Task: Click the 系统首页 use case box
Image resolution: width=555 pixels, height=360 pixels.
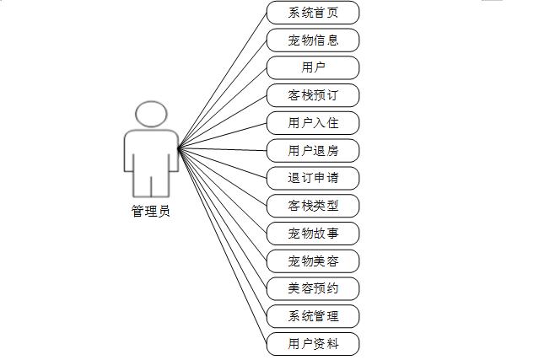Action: [313, 13]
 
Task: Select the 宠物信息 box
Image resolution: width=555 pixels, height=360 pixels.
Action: [313, 40]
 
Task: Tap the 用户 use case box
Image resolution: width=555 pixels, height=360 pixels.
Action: [313, 68]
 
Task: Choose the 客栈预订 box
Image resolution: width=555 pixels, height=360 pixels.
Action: [313, 95]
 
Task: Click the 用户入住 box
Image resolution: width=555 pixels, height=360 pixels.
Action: [313, 123]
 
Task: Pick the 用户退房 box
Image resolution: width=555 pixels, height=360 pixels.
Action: [313, 151]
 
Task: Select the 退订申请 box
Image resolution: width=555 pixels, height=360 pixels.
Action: [313, 179]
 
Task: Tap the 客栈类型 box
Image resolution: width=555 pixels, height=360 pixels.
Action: [313, 206]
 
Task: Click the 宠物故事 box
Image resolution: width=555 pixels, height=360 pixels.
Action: [313, 234]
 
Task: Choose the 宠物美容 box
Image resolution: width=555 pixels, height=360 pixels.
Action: [313, 261]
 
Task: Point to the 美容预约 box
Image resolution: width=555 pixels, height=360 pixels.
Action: [313, 288]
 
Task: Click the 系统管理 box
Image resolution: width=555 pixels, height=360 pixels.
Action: [313, 316]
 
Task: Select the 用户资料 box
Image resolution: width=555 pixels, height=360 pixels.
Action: [313, 344]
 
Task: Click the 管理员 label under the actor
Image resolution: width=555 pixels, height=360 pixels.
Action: [150, 212]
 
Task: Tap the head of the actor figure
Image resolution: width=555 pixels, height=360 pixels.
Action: [150, 115]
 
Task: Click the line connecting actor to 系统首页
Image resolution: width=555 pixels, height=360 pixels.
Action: [222, 82]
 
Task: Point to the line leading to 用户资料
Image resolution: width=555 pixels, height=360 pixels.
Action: [222, 246]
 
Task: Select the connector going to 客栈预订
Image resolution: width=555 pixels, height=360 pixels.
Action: [222, 123]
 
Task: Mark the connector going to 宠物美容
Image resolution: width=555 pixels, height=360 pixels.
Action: [222, 205]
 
